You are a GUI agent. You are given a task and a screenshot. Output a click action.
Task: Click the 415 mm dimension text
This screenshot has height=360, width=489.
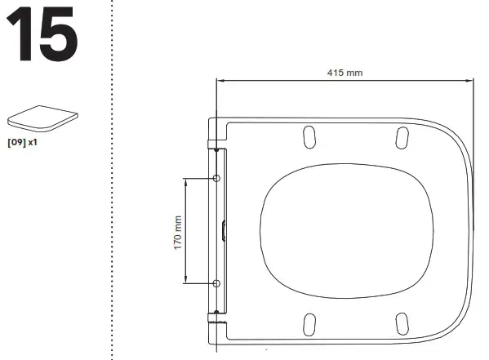tap(344, 73)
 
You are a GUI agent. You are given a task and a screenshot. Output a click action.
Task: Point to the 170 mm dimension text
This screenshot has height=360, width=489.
tap(177, 232)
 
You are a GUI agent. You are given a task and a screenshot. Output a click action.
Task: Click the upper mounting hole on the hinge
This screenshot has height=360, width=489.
tap(216, 178)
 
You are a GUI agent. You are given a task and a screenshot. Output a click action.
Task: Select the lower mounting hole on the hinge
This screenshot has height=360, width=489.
tap(216, 283)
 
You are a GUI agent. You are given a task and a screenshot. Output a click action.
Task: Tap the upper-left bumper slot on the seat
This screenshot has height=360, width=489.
tap(309, 137)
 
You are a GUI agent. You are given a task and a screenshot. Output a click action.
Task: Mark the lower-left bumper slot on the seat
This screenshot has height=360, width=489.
tap(309, 324)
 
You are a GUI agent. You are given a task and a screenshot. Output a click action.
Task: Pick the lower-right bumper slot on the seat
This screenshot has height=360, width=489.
tap(402, 324)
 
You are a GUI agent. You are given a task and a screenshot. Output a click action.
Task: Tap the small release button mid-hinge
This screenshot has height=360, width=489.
tap(224, 231)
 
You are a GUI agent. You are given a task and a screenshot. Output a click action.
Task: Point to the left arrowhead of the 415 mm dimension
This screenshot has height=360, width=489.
tap(220, 80)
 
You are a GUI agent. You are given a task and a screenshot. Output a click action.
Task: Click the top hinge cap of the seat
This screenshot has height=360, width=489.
tap(214, 136)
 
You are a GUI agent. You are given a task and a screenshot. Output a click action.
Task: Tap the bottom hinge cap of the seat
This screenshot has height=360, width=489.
tap(214, 325)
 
